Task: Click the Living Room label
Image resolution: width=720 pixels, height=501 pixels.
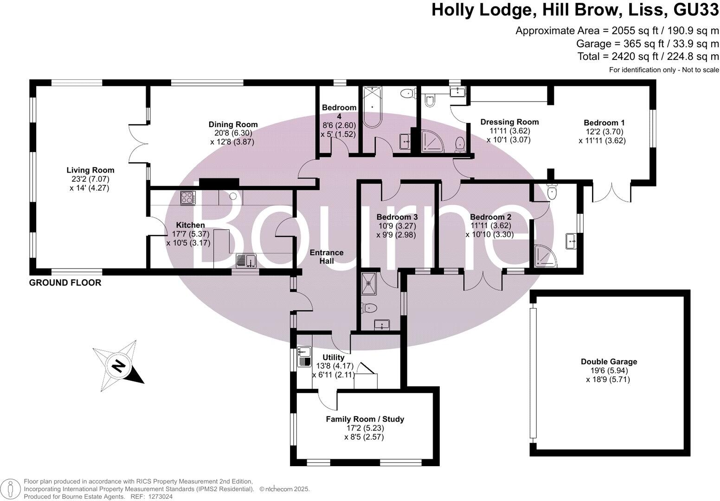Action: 90,170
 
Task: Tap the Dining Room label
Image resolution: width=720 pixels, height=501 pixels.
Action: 233,124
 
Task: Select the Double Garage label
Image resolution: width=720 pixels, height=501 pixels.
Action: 609,361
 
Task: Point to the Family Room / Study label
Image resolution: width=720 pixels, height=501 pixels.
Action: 365,419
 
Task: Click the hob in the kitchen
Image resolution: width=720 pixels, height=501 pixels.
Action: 188,198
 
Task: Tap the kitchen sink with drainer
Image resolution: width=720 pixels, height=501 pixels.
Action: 246,261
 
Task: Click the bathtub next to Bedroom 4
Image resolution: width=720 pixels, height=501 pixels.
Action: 372,107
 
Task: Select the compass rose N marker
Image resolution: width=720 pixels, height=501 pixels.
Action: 119,366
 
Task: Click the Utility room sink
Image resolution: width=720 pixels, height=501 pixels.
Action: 304,356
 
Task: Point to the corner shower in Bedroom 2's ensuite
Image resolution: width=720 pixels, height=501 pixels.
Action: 545,257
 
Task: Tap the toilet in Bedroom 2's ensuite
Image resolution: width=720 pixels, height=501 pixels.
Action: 552,192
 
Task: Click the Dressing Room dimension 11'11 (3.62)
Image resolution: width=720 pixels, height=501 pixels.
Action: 509,131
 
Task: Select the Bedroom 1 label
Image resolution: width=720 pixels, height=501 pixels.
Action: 604,122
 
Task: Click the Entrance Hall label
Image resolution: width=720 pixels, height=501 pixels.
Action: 327,257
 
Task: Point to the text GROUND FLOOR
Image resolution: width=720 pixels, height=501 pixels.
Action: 65,283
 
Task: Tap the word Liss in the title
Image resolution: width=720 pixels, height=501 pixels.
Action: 646,10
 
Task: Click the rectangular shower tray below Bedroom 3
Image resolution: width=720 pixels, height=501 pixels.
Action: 368,284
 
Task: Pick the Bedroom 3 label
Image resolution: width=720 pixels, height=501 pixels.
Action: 397,217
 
